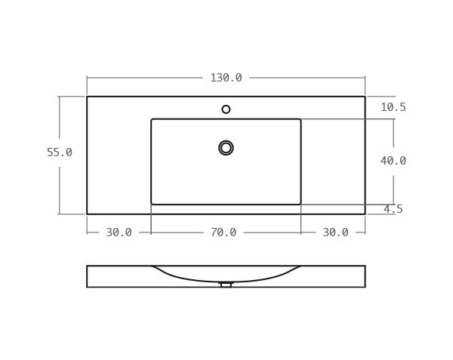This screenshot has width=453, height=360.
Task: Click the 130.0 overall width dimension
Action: [226, 78]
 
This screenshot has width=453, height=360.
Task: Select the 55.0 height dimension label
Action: [60, 152]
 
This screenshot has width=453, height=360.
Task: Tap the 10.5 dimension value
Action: [393, 107]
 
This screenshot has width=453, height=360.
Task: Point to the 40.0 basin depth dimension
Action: [393, 161]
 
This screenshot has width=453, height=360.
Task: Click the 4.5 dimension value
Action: [393, 209]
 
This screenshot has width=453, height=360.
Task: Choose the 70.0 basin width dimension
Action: [223, 232]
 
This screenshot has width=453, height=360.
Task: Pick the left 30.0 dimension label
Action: [119, 232]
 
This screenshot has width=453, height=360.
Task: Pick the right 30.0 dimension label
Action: [335, 232]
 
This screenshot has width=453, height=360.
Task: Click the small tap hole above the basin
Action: [226, 109]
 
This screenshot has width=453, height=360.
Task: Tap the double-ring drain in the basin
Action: [226, 148]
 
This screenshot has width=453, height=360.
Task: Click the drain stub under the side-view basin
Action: [226, 285]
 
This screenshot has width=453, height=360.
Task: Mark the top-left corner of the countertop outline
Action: [87, 97]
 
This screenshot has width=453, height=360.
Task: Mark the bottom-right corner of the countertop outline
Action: [365, 214]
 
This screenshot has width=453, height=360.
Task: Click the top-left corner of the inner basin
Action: [152, 119]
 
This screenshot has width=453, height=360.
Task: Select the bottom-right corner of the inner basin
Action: [300, 204]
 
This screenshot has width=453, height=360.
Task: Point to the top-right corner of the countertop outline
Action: [365, 97]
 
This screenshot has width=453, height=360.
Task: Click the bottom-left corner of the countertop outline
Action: [87, 214]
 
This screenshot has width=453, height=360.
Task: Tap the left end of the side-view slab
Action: [88, 276]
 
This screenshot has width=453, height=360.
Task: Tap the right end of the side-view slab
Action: [365, 276]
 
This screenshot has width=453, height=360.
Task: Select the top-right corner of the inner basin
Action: [300, 119]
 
